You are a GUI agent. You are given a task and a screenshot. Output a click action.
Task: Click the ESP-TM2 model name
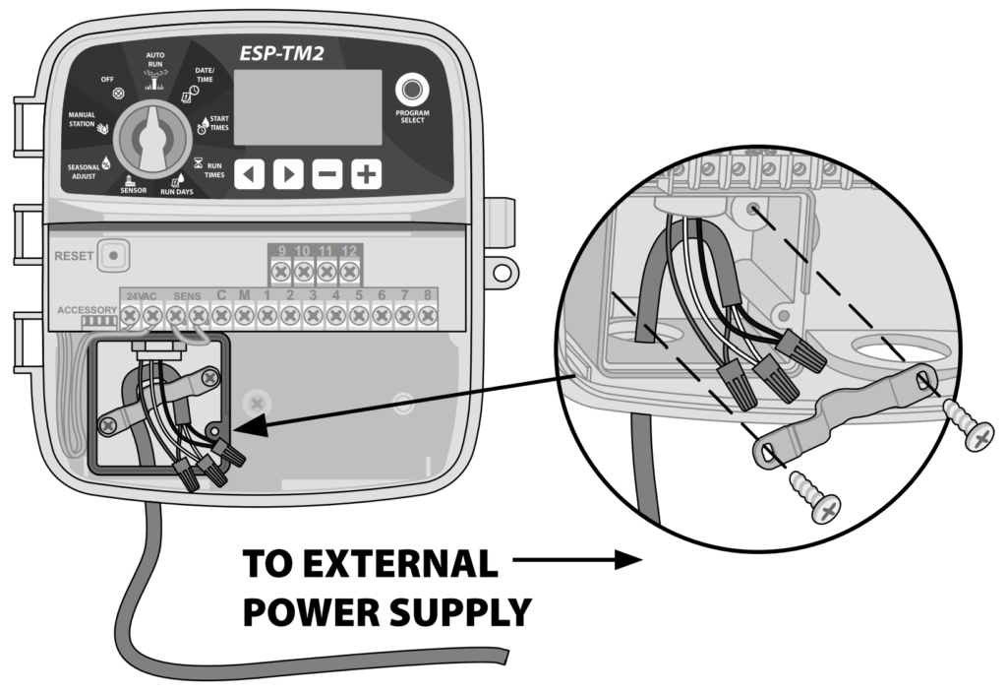tap(286, 54)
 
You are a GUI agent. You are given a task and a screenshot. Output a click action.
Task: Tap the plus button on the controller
tap(366, 175)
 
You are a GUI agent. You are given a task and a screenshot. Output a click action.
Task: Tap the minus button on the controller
tap(327, 175)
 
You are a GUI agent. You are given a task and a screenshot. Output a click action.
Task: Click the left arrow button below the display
tap(250, 175)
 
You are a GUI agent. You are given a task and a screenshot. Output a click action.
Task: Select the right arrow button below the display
tap(288, 175)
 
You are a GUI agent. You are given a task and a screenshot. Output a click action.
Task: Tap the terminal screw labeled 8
tap(427, 316)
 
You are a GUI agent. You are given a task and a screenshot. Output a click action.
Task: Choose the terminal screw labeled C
tap(221, 316)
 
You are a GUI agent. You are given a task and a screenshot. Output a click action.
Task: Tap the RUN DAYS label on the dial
tap(177, 191)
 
